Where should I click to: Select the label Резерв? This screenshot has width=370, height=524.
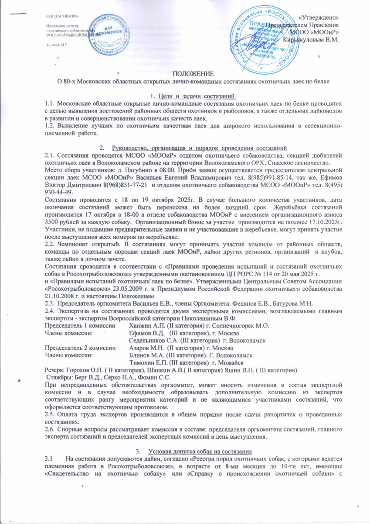tap(56, 369)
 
